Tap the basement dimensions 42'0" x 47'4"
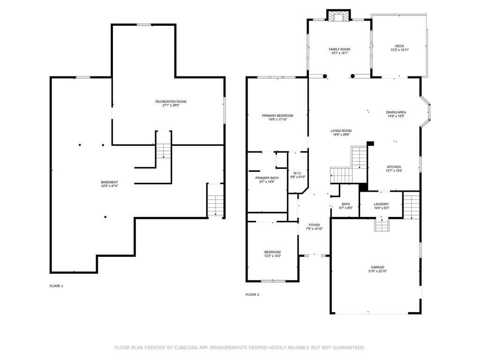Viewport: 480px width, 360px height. [x=109, y=186]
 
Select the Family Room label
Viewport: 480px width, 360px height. [x=339, y=49]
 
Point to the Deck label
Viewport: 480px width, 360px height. [x=399, y=46]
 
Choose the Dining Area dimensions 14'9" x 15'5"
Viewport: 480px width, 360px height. [x=396, y=116]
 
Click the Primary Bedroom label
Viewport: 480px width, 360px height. [x=277, y=116]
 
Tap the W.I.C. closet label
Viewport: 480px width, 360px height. [x=297, y=173]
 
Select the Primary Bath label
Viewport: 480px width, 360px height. [x=267, y=178]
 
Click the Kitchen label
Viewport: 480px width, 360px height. [x=394, y=167]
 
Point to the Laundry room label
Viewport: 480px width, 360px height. [x=381, y=204]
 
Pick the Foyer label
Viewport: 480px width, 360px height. [x=314, y=225]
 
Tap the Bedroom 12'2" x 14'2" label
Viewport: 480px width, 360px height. [x=272, y=252]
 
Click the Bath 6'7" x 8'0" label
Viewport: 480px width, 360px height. [x=345, y=204]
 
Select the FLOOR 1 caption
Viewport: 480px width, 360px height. [x=56, y=286]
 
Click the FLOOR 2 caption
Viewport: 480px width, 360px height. [x=252, y=295]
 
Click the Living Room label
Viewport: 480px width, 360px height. [x=341, y=131]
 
